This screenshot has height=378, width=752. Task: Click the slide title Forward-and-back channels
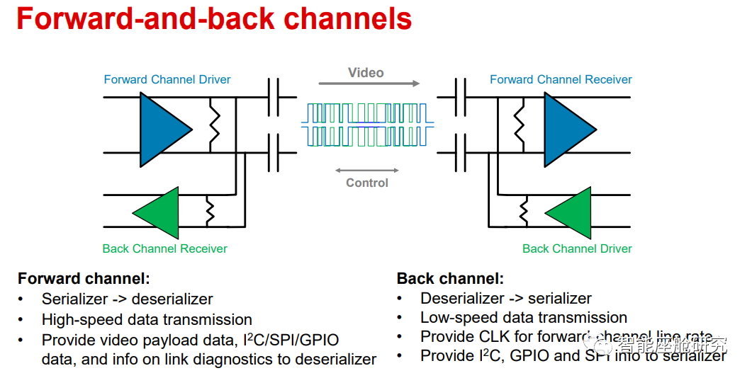coord(214,19)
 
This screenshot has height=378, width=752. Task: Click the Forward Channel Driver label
coord(167,79)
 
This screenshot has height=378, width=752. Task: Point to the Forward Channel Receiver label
coord(561,79)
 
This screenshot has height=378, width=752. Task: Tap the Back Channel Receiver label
coord(164,248)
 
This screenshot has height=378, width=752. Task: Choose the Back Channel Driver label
coord(577,248)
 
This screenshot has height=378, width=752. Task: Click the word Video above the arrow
coord(366,73)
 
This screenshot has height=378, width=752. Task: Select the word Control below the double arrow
coord(367,183)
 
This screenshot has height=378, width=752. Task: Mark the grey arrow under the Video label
coord(369,84)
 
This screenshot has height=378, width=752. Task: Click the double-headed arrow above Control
coord(367,171)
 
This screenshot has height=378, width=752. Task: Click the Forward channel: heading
coord(84,279)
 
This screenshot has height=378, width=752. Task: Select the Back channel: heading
coord(450,279)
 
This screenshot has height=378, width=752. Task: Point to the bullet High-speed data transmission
coord(147,319)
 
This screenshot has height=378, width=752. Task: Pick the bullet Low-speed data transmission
coord(524,317)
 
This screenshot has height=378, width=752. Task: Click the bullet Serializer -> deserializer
coord(128,299)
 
